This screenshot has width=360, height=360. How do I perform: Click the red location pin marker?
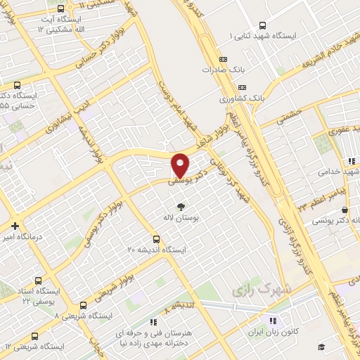[181, 165]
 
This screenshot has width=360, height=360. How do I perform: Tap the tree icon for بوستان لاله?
[182, 207]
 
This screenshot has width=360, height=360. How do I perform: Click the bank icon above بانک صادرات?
[223, 59]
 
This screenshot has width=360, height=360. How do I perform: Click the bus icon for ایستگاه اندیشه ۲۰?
[156, 238]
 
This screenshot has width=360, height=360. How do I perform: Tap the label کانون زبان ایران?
[282, 331]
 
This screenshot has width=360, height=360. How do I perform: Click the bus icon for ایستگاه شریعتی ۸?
[84, 305]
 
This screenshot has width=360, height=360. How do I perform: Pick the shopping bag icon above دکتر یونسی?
[344, 210]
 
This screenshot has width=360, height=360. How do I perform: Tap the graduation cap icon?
[321, 347]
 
